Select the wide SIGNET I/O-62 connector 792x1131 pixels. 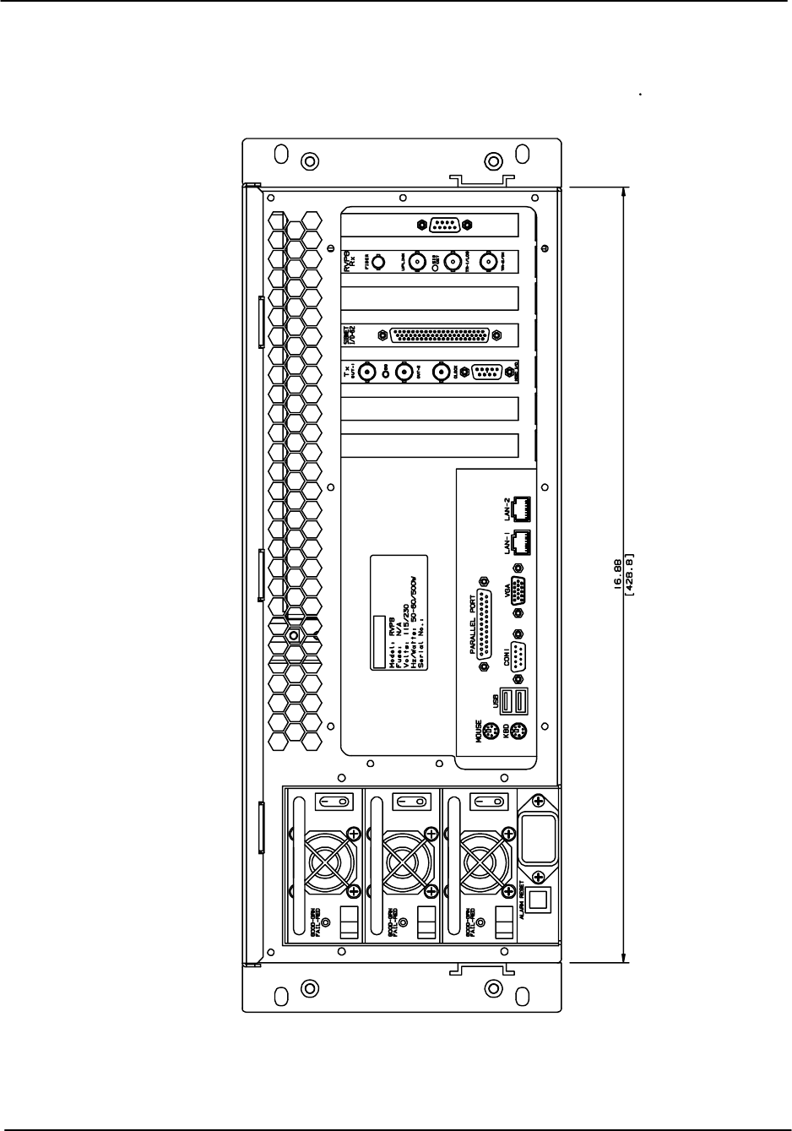click(440, 335)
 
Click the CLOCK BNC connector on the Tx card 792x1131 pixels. click(442, 372)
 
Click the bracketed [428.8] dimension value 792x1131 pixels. click(629, 574)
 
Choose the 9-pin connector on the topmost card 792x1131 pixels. click(444, 225)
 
